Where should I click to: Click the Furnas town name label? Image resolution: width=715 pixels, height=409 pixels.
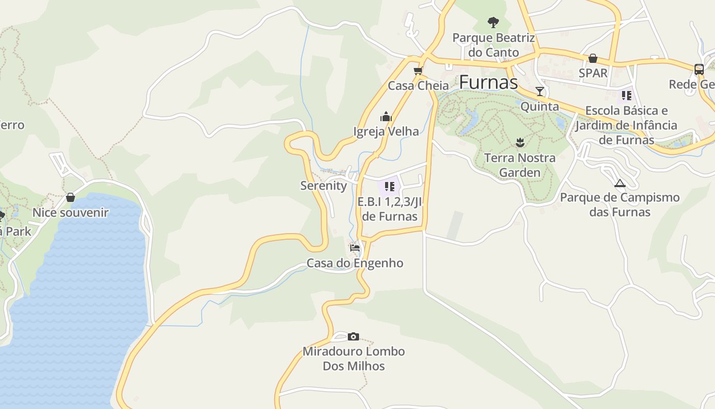488,82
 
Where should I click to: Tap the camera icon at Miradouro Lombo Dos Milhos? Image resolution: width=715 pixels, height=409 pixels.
353,336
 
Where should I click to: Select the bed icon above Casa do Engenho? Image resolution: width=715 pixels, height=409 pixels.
355,248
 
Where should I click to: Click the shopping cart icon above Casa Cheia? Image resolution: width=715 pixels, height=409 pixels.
418,71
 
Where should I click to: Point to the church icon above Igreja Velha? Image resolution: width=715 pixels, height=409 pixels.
386,117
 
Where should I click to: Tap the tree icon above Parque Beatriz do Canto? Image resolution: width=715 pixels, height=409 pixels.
493,22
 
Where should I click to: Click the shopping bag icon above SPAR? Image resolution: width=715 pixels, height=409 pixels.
593,58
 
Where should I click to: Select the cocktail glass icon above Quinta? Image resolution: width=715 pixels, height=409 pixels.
540,92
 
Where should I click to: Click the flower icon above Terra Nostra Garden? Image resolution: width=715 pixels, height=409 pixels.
520,142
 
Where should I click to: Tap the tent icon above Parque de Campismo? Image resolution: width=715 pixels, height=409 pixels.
620,183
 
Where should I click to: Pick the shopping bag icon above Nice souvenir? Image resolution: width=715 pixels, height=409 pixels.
70,197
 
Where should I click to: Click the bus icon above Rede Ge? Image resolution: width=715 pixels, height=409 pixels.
699,69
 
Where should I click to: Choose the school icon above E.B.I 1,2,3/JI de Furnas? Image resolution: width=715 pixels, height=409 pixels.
390,187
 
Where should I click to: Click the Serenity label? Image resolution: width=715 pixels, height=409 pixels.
323,186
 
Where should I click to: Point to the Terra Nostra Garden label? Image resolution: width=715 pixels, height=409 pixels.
519,165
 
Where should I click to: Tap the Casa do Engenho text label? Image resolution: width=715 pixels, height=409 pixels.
355,263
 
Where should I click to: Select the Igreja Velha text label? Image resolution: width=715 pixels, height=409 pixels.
386,131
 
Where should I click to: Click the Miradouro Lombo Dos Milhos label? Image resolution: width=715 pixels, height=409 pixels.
353,358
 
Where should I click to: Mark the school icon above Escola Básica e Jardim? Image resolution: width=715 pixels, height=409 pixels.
626,95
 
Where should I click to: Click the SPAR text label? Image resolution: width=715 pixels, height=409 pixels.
593,73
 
